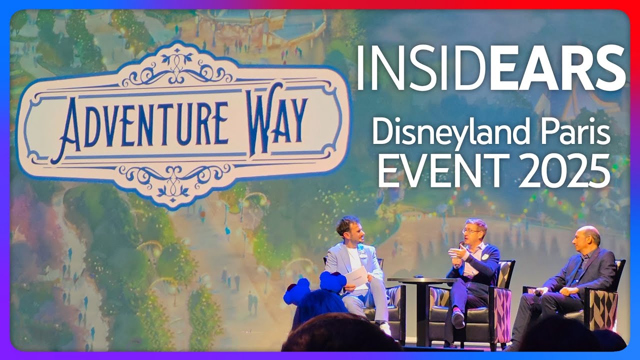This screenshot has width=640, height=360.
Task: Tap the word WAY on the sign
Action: coord(278,120)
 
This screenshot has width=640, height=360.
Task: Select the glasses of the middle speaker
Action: coord(471,231)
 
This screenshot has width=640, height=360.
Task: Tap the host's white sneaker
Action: coord(385,328)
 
